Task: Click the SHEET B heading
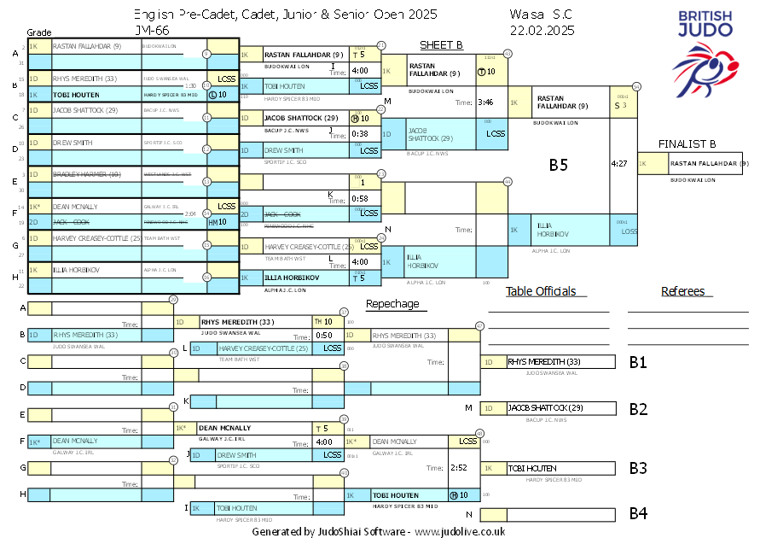[441, 44]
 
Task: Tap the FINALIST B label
[687, 143]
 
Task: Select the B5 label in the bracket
[558, 165]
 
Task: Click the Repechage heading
[392, 304]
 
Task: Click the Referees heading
[682, 291]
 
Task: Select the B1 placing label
[637, 362]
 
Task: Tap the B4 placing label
[637, 513]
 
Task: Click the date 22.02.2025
[542, 30]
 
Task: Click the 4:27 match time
[620, 162]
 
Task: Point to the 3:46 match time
[485, 102]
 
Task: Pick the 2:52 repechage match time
[458, 467]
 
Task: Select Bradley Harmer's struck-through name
[82, 174]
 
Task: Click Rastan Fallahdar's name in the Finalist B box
[709, 163]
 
